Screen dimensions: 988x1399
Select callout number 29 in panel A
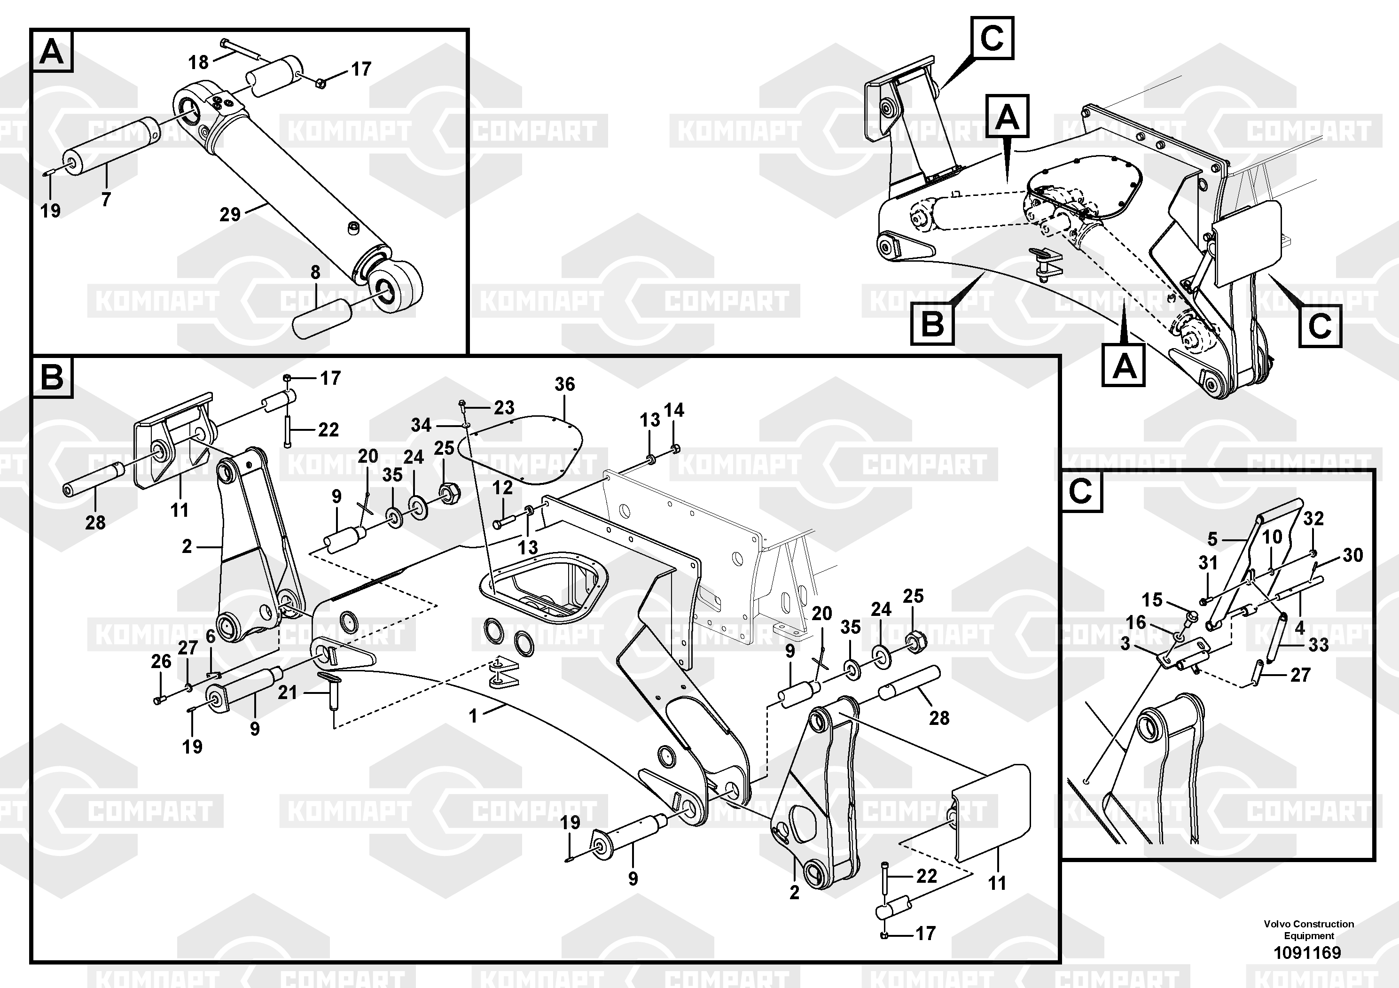(230, 214)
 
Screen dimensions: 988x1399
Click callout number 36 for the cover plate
(564, 384)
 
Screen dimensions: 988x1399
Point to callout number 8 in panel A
(315, 272)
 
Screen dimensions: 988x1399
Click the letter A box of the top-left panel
(51, 52)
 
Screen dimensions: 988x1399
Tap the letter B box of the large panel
(52, 378)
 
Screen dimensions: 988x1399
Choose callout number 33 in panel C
(1319, 645)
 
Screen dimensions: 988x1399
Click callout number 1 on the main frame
(473, 716)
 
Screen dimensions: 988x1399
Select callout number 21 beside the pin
(288, 692)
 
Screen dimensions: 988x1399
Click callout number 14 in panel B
(674, 411)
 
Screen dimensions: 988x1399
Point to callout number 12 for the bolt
(503, 487)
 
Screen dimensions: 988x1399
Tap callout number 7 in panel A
(106, 199)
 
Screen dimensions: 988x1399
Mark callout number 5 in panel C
(1212, 539)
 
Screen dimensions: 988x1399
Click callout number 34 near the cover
(421, 425)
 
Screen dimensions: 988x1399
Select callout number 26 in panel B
(161, 661)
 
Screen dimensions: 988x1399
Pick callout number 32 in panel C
(1313, 518)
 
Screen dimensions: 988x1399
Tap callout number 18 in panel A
(199, 62)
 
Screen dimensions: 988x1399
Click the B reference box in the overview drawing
(932, 324)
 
